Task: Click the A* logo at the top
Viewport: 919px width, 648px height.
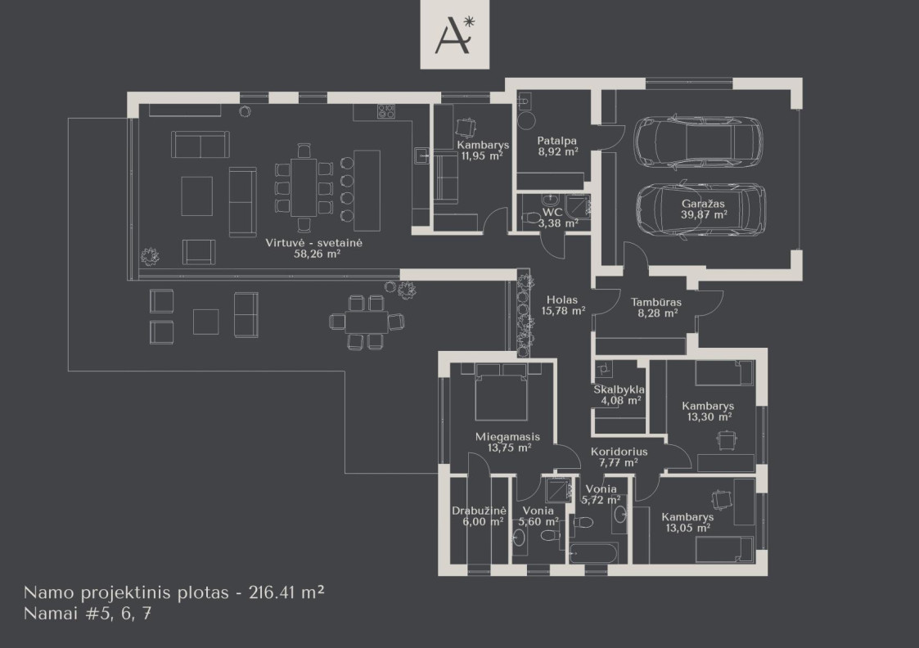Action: pyautogui.click(x=455, y=34)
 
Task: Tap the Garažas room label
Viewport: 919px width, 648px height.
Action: pyautogui.click(x=703, y=204)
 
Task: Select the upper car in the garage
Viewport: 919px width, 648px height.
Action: pyautogui.click(x=698, y=143)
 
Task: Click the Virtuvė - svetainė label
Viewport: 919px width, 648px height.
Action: pyautogui.click(x=313, y=242)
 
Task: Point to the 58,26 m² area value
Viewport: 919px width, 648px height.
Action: pyautogui.click(x=317, y=254)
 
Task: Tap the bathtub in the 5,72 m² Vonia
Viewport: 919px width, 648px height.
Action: pyautogui.click(x=592, y=554)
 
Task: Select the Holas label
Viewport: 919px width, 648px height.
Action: pyautogui.click(x=562, y=300)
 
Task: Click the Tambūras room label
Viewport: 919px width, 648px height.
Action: pyautogui.click(x=655, y=303)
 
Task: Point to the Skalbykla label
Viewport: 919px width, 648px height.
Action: pyautogui.click(x=619, y=389)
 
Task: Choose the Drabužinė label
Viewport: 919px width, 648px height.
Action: pyautogui.click(x=479, y=511)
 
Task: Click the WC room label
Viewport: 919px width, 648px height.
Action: pyautogui.click(x=552, y=212)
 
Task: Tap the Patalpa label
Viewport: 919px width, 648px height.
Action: pyautogui.click(x=556, y=141)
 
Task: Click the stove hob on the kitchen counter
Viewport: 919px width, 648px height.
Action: pyautogui.click(x=385, y=111)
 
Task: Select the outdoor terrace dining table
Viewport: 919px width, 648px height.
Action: pyautogui.click(x=367, y=322)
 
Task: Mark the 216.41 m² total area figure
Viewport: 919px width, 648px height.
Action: pyautogui.click(x=286, y=592)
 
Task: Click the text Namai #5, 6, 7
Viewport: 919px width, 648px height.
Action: pyautogui.click(x=88, y=614)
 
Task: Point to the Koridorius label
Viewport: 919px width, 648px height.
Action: pyautogui.click(x=619, y=452)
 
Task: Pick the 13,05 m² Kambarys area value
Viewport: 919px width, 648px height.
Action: pyautogui.click(x=688, y=528)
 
